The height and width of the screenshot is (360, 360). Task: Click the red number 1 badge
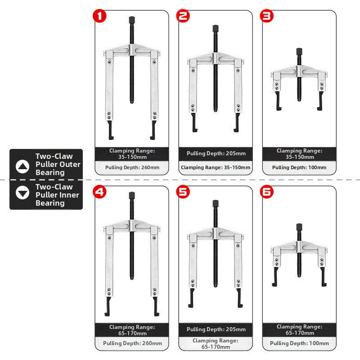click(99, 16)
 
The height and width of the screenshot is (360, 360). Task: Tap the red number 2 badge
click(183, 16)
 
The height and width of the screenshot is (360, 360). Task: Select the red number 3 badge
click(266, 16)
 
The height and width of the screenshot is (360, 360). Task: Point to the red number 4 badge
click(99, 192)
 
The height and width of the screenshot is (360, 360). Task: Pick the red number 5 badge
click(183, 192)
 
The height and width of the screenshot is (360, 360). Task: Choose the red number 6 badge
click(266, 192)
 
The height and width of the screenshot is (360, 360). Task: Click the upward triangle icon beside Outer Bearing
click(22, 166)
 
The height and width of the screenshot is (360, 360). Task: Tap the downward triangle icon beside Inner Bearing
click(22, 193)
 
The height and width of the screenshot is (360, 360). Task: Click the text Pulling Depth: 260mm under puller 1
click(132, 167)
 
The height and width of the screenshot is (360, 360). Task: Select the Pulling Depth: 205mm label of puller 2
click(216, 153)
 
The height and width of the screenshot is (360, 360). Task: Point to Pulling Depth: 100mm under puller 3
click(299, 167)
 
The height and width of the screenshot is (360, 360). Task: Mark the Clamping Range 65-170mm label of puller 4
click(132, 330)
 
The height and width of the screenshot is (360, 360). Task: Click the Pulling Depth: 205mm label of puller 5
click(216, 329)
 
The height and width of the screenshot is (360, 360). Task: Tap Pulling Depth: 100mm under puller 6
click(299, 343)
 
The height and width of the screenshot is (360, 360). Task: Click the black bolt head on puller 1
click(132, 19)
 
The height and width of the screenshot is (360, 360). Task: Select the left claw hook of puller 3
click(278, 101)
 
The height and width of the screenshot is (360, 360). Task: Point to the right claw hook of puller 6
click(323, 277)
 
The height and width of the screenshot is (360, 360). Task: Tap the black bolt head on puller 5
click(216, 203)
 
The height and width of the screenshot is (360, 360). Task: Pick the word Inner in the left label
click(70, 195)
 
